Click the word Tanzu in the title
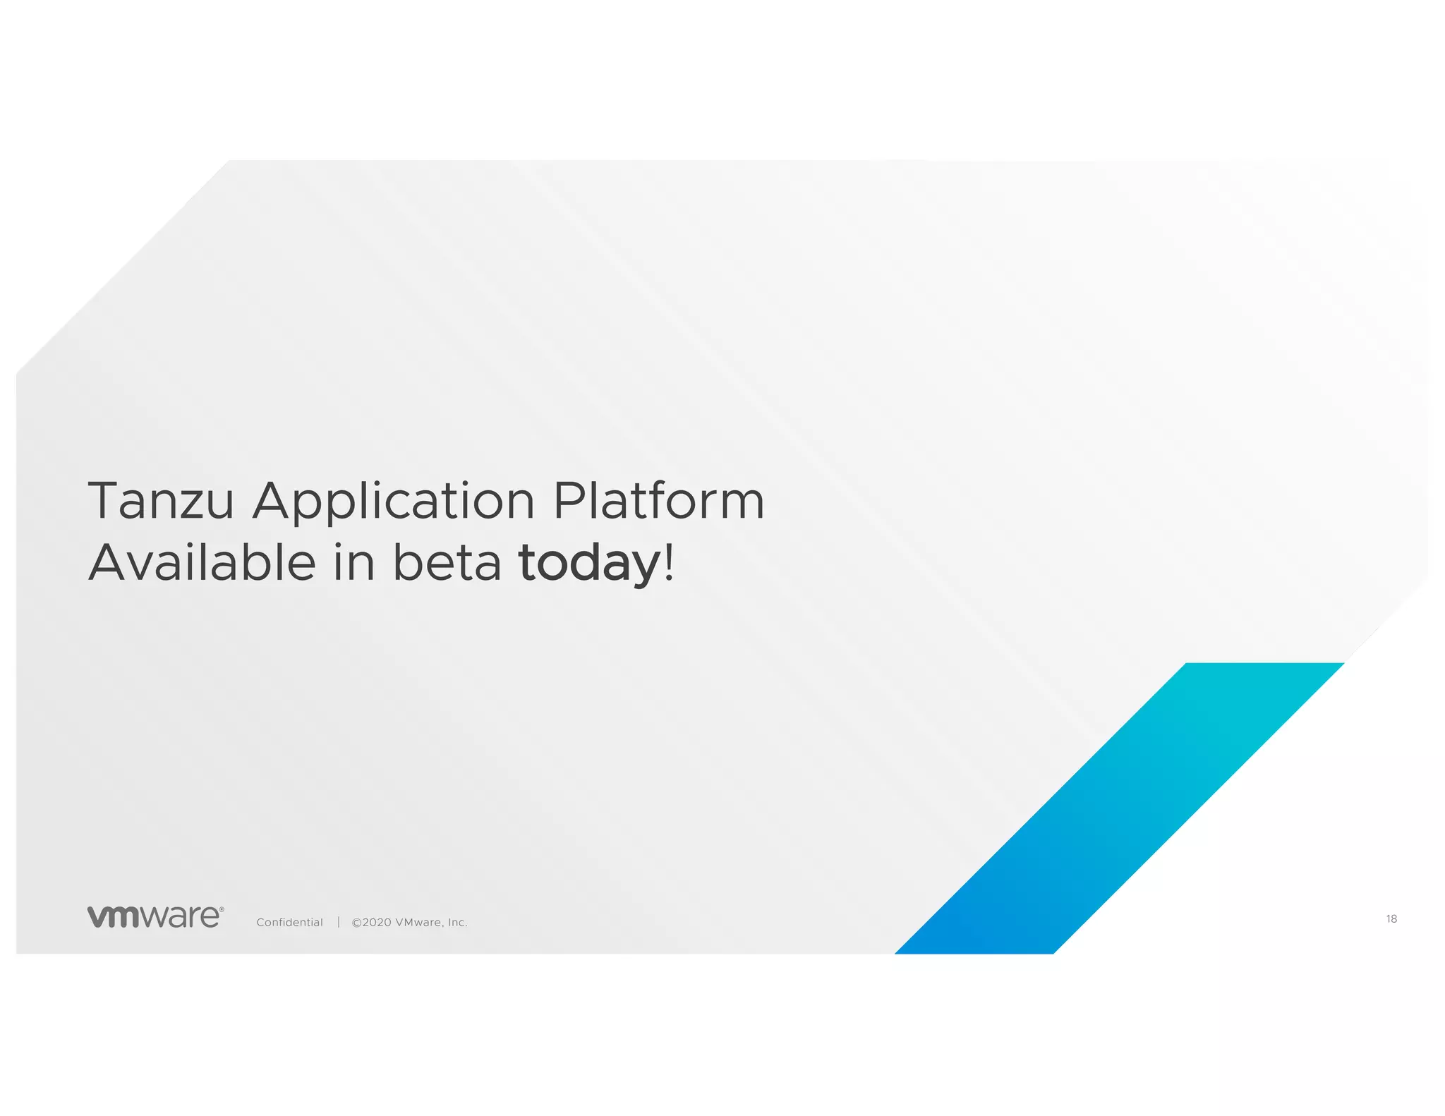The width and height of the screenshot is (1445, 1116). pos(161,501)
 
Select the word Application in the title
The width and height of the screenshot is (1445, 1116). pos(394,502)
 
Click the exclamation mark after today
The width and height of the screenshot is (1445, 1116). pos(669,562)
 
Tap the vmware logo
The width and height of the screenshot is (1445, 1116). pos(155,916)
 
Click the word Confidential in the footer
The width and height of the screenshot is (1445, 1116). pos(289,923)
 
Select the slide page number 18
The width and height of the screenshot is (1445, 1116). pos(1391,918)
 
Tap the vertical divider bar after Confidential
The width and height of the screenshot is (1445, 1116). pos(339,922)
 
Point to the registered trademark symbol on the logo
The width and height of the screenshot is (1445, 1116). pos(222,910)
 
